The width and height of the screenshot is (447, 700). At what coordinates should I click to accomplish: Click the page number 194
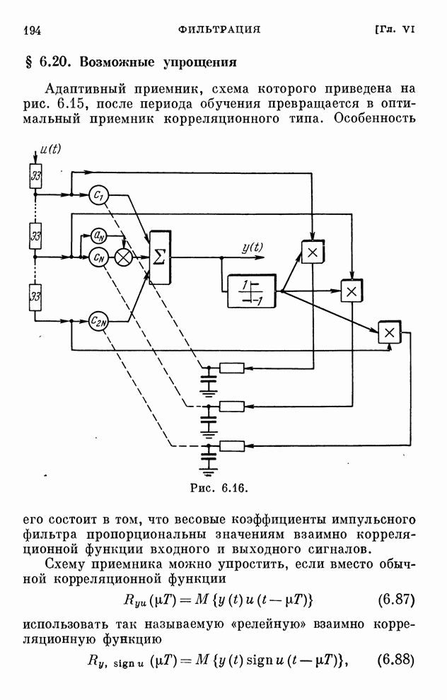[33, 30]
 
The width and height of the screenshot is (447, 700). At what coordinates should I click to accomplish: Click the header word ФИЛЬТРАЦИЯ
[220, 30]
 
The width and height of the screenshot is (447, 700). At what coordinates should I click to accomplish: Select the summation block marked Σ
[160, 257]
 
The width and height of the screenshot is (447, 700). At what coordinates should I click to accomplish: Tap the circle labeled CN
[99, 257]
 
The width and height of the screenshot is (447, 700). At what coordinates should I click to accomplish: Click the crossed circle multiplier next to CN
[124, 257]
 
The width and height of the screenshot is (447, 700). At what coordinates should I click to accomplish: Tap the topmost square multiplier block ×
[312, 252]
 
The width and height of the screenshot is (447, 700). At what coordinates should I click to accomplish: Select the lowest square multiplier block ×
[388, 332]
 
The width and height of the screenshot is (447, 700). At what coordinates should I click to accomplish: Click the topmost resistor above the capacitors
[231, 368]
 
